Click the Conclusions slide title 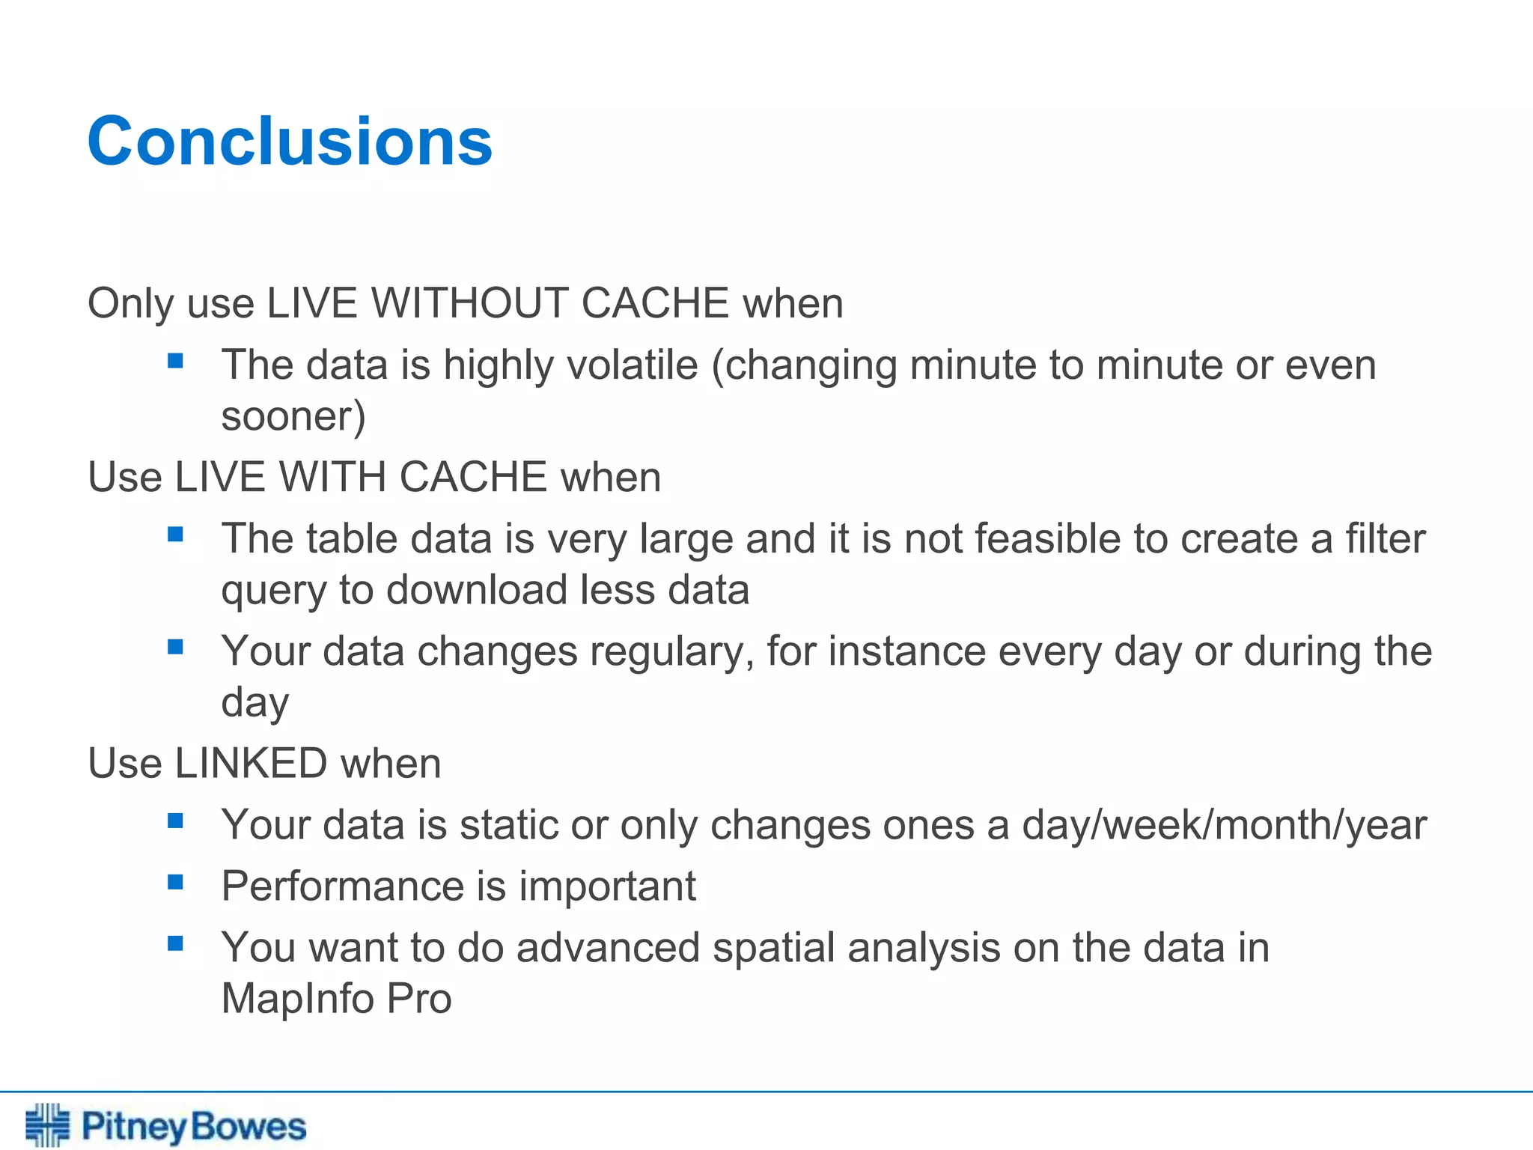[290, 142]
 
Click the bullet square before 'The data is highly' [176, 362]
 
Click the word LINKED [251, 764]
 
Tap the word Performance [342, 887]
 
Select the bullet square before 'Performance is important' [176, 883]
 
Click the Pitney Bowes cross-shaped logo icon [47, 1124]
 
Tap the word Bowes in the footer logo [248, 1127]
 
